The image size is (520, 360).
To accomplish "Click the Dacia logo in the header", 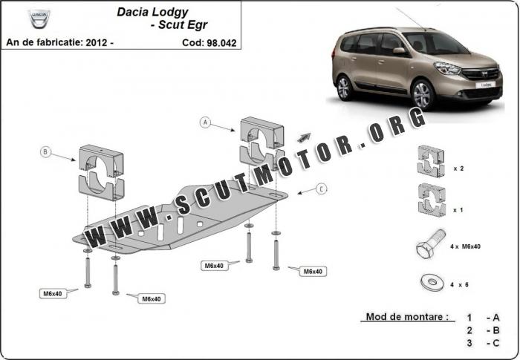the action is (39, 19).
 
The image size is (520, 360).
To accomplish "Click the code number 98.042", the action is (221, 43).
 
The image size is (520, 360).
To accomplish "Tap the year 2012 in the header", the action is (96, 42).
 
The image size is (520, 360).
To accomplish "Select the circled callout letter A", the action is (205, 122).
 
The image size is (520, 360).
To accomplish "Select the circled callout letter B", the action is (45, 152).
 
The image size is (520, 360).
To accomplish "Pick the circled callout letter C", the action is (322, 189).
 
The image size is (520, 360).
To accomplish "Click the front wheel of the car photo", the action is (423, 94).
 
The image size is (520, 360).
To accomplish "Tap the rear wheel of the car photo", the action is (345, 88).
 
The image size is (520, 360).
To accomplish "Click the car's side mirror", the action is (400, 50).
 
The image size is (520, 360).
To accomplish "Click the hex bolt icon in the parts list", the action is (430, 243).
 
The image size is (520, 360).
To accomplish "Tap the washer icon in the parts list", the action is (432, 283).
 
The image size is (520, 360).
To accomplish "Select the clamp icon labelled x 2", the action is (431, 161).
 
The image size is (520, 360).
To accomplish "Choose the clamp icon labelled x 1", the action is (432, 200).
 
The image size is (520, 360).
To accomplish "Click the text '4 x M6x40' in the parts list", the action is (465, 246).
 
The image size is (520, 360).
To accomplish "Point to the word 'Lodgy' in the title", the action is (170, 13).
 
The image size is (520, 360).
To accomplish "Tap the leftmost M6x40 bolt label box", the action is (53, 294).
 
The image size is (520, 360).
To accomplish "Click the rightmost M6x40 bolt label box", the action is (313, 272).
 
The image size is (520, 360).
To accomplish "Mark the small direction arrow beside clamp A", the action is (304, 137).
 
